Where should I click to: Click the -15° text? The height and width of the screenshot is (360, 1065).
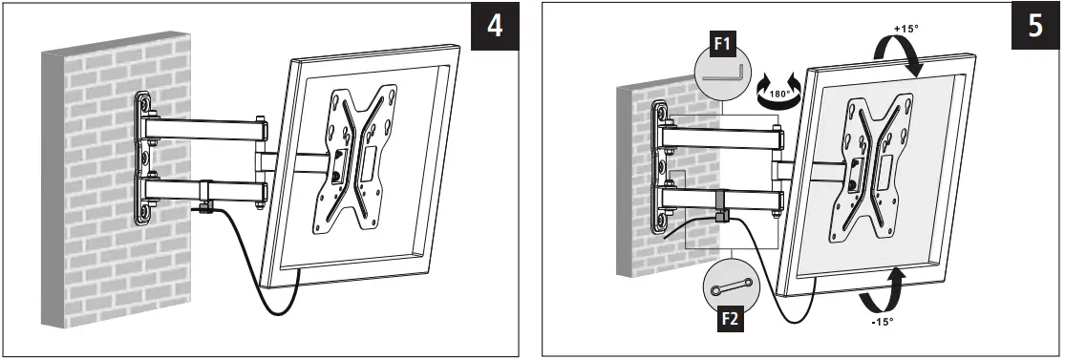pyautogui.click(x=881, y=322)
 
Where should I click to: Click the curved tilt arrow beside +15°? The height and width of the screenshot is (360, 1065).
pyautogui.click(x=902, y=58)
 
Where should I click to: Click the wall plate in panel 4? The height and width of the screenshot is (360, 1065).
pyautogui.click(x=144, y=158)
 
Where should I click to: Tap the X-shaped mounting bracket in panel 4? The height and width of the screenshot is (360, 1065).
pyautogui.click(x=353, y=158)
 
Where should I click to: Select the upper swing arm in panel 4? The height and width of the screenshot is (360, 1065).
pyautogui.click(x=205, y=126)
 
